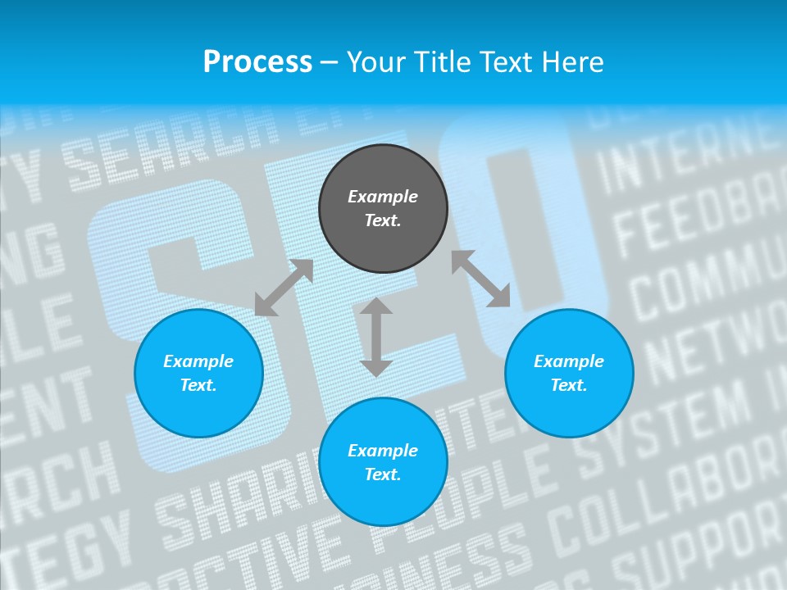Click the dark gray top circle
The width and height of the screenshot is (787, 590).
coord(383,208)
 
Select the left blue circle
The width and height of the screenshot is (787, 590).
coord(198,373)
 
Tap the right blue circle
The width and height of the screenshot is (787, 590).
coord(569,373)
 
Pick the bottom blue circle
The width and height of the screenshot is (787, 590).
coord(383,462)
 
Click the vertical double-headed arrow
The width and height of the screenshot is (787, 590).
coord(376,337)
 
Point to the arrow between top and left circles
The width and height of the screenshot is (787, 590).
coord(284,288)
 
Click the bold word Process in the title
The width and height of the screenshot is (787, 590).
coord(257,61)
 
